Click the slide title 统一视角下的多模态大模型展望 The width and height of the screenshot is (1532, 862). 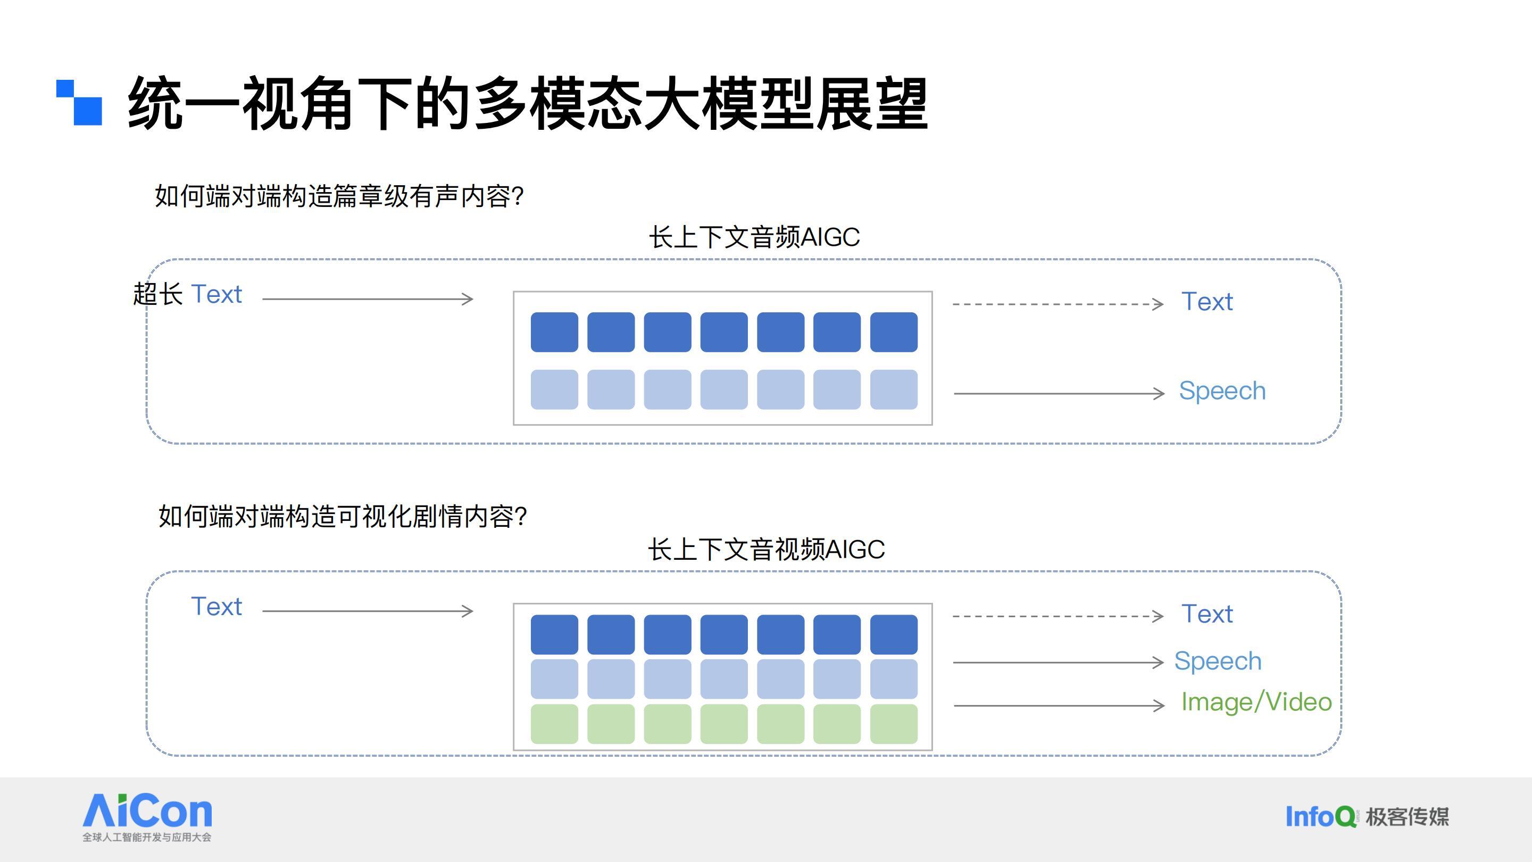(528, 104)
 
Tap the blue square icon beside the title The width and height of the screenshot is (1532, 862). (79, 103)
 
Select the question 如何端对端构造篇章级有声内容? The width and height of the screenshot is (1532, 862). (339, 196)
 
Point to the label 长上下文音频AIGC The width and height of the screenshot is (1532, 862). (754, 237)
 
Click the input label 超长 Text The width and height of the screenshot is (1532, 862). (187, 294)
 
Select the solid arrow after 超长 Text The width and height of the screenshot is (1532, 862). (368, 299)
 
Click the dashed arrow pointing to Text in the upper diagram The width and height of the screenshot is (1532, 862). (1058, 304)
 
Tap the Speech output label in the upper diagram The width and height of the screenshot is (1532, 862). (1222, 391)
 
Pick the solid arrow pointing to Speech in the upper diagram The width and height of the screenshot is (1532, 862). (1059, 393)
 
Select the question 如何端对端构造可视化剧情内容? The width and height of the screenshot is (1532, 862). (343, 516)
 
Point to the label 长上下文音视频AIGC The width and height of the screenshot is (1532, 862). (766, 549)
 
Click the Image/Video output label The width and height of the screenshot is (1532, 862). (1256, 702)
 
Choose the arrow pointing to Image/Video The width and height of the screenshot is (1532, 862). (1059, 706)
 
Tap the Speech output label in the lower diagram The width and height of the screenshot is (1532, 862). (1218, 661)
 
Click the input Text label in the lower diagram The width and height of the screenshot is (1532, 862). (217, 607)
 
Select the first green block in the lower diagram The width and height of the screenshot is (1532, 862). (554, 724)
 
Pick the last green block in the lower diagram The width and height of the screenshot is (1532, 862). (894, 724)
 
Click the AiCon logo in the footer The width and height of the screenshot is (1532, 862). (147, 817)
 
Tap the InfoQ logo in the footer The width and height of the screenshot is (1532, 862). (1321, 816)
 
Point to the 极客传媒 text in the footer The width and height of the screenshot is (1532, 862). (1408, 817)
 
